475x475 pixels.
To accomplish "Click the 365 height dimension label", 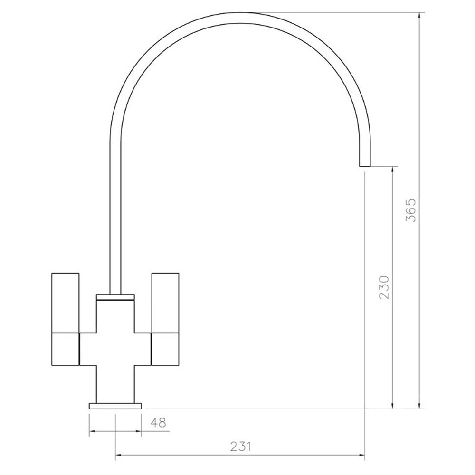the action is [411, 210].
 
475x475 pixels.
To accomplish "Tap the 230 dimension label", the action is [383, 287].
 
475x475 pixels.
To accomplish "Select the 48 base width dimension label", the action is [158, 423].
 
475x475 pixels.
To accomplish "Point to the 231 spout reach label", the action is [241, 447].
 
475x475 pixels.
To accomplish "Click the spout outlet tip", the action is [365, 166].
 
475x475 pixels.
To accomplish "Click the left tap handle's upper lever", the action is [66, 303].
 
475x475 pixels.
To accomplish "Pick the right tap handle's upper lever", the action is [165, 303].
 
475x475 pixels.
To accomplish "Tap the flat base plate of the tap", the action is [115, 406].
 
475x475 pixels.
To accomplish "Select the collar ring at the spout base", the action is [115, 297].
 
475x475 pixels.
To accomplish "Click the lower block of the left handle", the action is [66, 349].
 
